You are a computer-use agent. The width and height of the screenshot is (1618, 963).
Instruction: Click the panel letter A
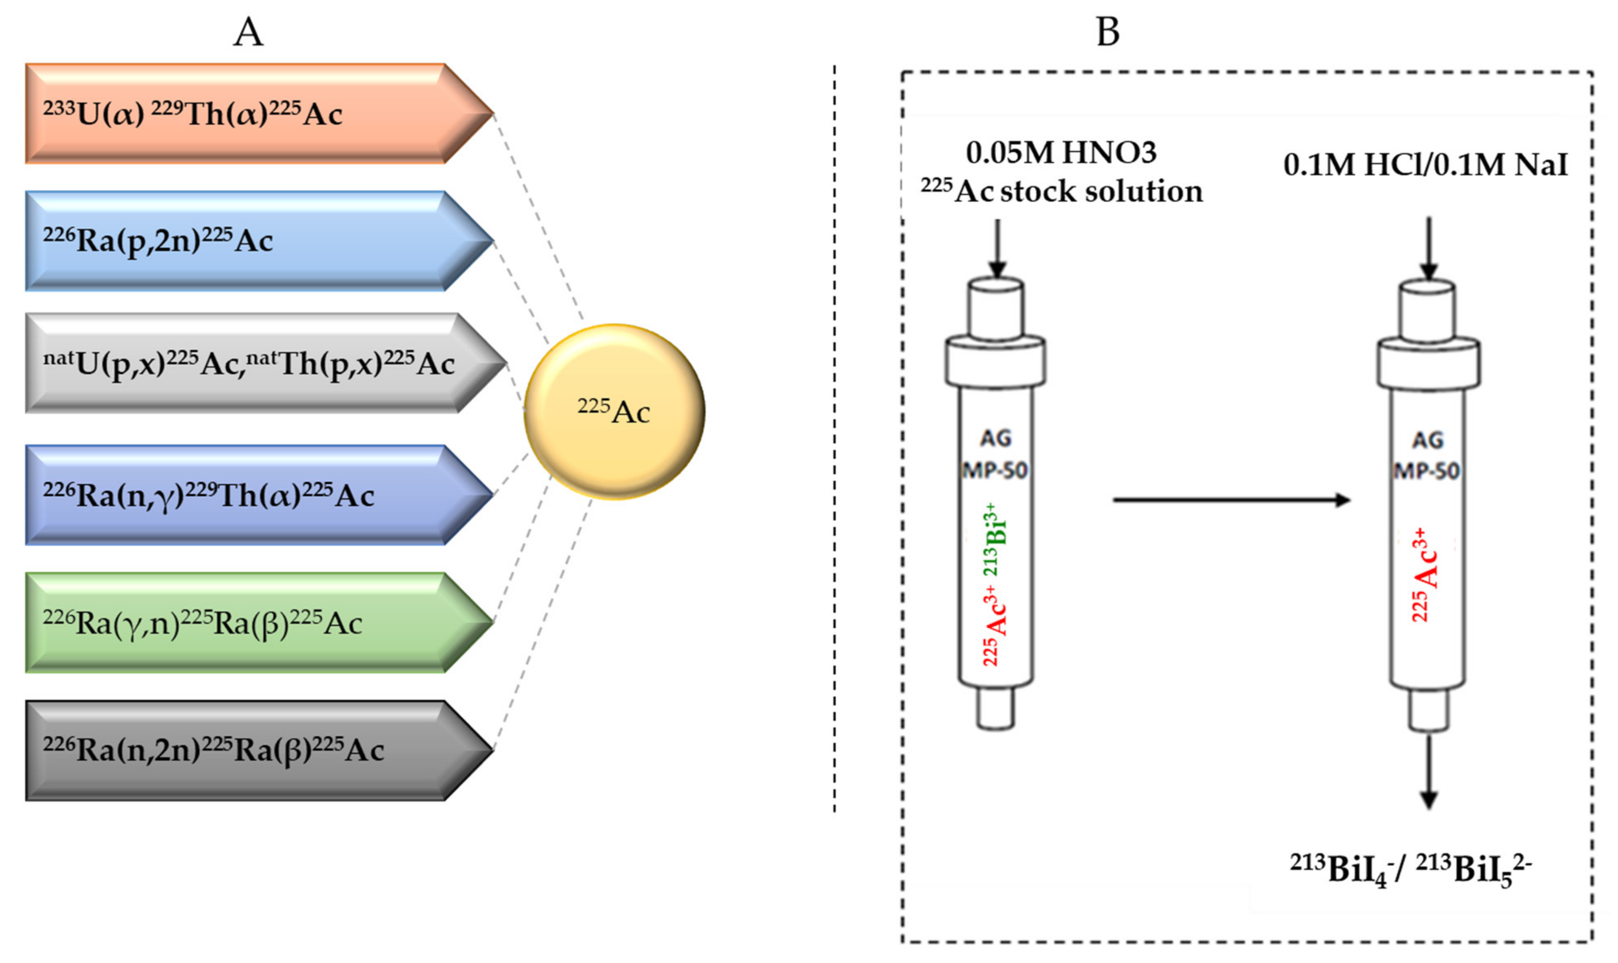(x=248, y=32)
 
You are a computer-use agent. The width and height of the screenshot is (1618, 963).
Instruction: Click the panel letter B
(x=1108, y=32)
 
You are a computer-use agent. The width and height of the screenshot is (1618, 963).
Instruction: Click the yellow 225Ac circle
(x=614, y=411)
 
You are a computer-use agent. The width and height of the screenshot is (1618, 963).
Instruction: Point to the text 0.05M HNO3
(x=1061, y=153)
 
